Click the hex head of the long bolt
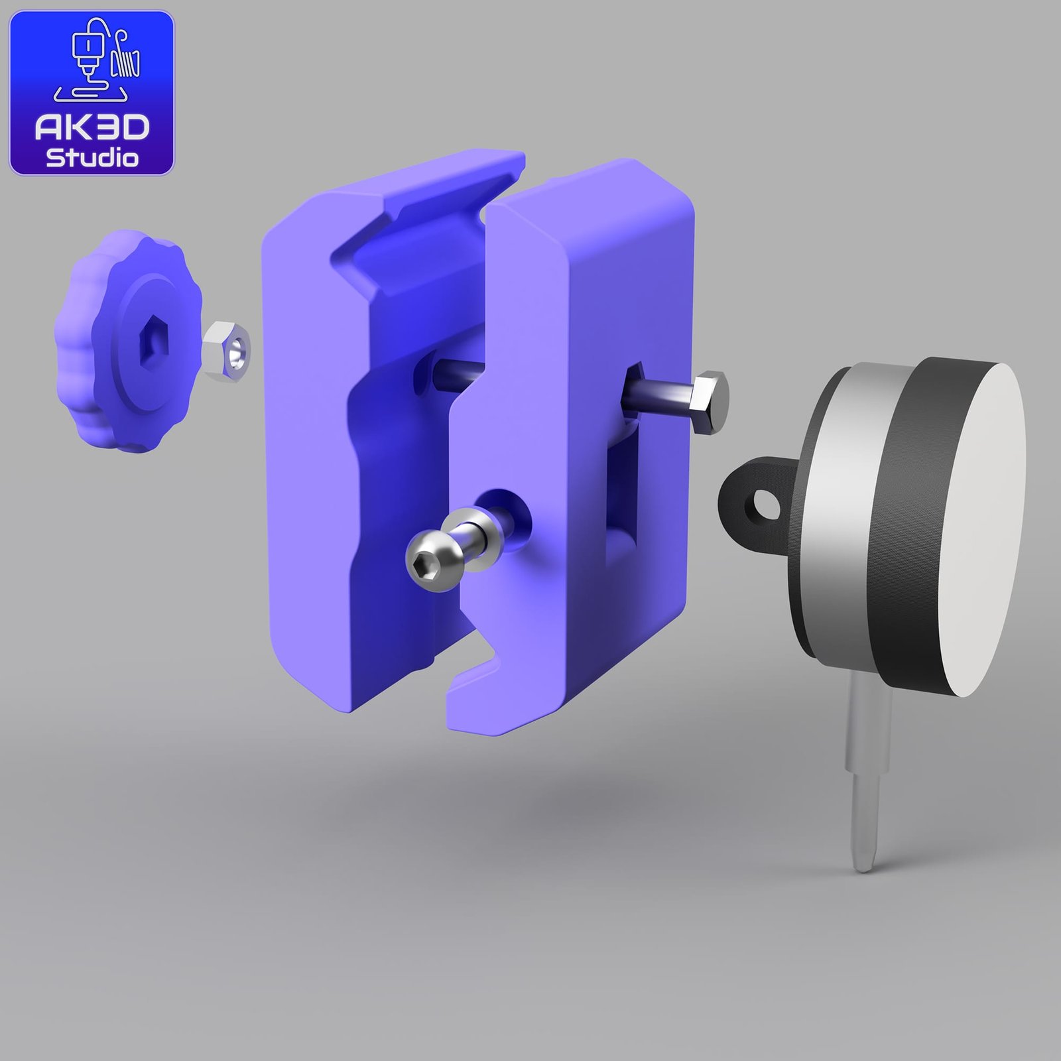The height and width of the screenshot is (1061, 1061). tap(710, 402)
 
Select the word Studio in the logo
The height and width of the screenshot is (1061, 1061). tap(92, 158)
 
